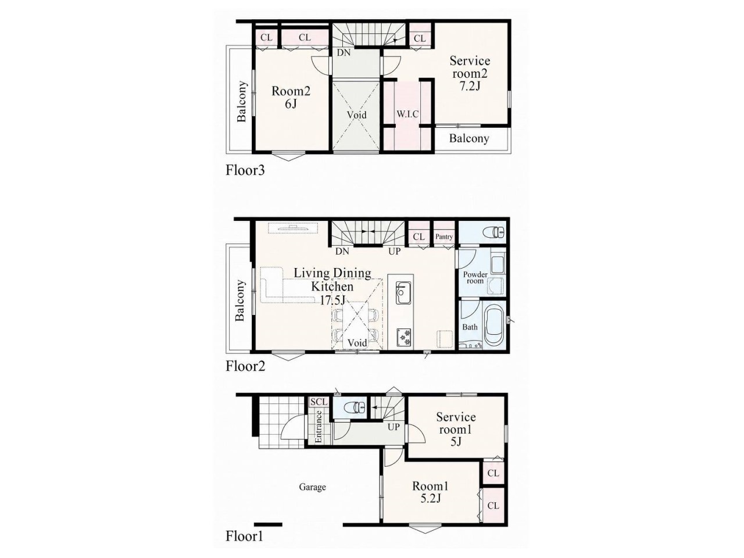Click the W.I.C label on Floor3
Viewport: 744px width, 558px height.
click(407, 114)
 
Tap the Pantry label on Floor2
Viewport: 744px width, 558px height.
click(443, 237)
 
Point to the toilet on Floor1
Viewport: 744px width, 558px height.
click(357, 406)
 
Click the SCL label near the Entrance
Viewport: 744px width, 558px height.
click(319, 402)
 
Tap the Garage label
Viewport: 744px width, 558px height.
click(312, 487)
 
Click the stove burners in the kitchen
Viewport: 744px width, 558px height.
click(405, 337)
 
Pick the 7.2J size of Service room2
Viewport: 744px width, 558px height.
click(470, 87)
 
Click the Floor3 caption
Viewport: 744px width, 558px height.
click(245, 170)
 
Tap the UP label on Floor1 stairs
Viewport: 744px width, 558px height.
click(393, 427)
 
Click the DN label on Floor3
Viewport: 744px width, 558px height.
click(344, 53)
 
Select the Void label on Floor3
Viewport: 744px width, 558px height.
click(356, 115)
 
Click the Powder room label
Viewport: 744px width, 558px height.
click(475, 277)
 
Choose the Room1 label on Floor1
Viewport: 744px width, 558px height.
click(430, 486)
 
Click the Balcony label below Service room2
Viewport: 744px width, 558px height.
click(468, 138)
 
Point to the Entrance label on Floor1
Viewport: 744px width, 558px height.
click(319, 427)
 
